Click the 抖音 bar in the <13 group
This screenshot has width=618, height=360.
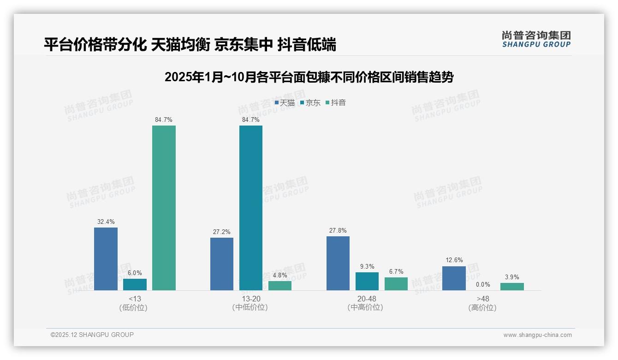coord(164,208)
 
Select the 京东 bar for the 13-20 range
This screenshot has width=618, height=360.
coord(251,208)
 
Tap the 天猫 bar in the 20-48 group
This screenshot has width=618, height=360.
coord(338,263)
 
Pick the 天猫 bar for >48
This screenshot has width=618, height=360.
coord(454,278)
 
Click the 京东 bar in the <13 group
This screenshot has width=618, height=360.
coord(135,284)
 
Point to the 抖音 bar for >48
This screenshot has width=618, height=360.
coord(512,287)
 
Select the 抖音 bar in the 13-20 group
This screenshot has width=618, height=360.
coord(280,286)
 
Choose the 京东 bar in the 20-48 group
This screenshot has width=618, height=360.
coord(367,281)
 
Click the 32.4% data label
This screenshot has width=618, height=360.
coord(106,222)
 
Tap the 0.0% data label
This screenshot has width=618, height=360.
coord(483,284)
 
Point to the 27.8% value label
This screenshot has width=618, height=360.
coord(338,230)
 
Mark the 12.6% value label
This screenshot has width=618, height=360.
coord(454,260)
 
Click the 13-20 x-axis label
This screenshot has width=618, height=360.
coord(250,299)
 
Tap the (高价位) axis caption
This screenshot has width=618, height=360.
coord(482,307)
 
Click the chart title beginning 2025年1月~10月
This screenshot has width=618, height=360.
coord(309,77)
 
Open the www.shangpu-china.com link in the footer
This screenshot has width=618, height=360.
coord(537,335)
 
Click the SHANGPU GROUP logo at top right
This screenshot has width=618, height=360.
coord(536,39)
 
